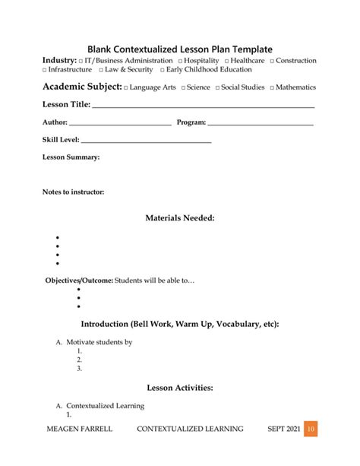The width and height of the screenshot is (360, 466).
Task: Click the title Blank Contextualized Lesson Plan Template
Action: coord(179,49)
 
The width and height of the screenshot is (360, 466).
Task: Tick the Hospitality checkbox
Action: coord(180,60)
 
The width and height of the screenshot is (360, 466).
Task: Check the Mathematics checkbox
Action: coord(271,88)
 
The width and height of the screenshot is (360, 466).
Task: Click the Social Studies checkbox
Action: coord(217,88)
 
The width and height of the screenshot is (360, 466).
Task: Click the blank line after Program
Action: coord(260,125)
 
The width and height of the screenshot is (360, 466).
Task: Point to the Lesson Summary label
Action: coord(71,157)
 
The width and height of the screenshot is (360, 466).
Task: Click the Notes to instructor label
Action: coord(73,192)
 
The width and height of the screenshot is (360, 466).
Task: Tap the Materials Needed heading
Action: coord(180,218)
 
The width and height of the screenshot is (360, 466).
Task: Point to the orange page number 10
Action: coord(310,429)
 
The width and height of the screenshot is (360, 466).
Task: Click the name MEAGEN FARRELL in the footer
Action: coord(79,429)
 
